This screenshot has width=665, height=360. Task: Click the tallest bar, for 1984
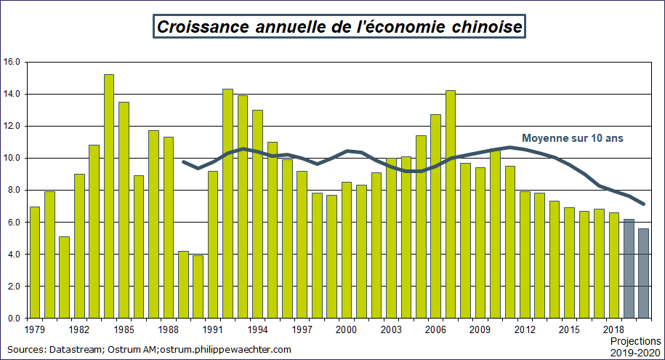[109, 196]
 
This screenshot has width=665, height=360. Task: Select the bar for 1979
[35, 263]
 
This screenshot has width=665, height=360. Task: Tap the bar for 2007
[450, 204]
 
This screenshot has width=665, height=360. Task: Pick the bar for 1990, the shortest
[198, 287]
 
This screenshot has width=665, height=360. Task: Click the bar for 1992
[227, 204]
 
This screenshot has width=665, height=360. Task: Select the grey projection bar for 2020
[642, 273]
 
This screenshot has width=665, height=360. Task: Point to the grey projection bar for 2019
[628, 268]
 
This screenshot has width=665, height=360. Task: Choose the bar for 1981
[65, 277]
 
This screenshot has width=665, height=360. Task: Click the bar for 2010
[495, 233]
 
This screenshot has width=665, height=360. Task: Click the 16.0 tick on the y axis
[12, 62]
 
